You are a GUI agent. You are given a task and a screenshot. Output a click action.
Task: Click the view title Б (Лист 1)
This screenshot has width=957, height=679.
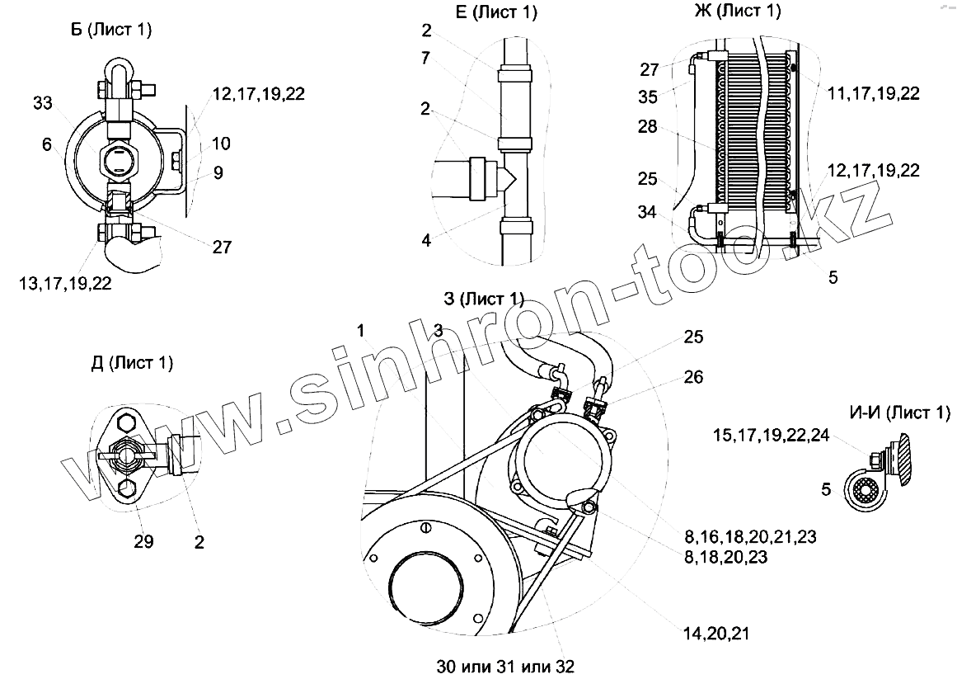111,31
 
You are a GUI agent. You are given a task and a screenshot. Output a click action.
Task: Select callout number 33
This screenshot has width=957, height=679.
44,103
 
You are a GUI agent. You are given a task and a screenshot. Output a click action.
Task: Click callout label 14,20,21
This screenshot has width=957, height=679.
715,633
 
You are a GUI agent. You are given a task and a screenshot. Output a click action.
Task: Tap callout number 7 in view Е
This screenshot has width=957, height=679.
426,58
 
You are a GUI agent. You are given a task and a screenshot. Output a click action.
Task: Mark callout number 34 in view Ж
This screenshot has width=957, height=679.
647,214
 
